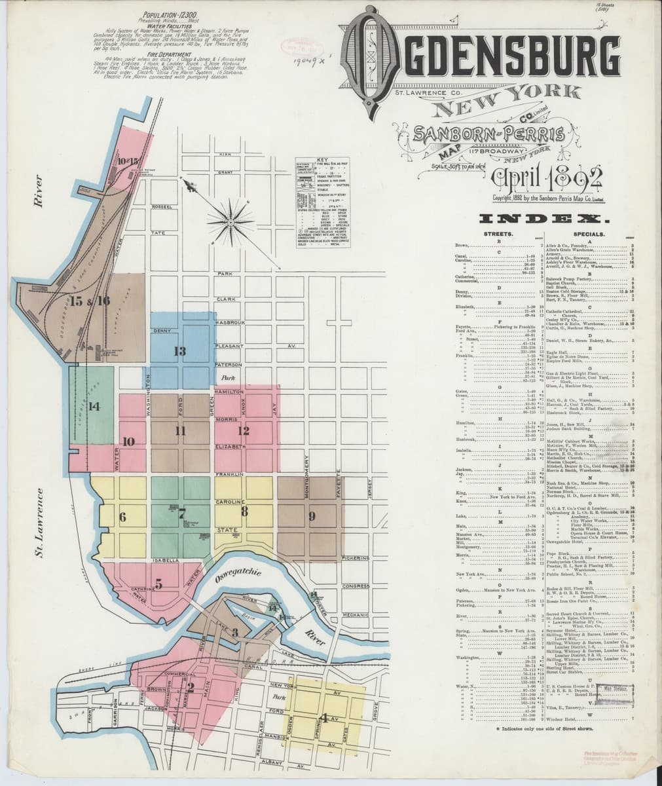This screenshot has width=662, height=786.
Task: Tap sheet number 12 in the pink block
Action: [244, 430]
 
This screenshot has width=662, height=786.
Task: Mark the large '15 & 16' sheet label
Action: [90, 301]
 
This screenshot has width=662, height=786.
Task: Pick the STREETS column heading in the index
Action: [498, 233]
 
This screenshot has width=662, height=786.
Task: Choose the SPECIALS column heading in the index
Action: [588, 233]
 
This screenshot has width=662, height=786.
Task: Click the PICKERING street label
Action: [356, 558]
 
